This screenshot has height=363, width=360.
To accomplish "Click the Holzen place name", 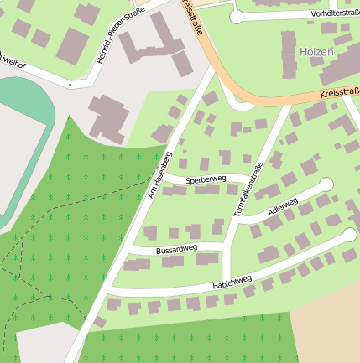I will (316, 52).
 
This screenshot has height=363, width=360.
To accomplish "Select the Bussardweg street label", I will (176, 248).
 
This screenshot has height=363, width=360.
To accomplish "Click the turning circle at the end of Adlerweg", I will (326, 184).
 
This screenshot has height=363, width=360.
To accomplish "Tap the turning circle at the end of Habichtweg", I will (350, 235).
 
